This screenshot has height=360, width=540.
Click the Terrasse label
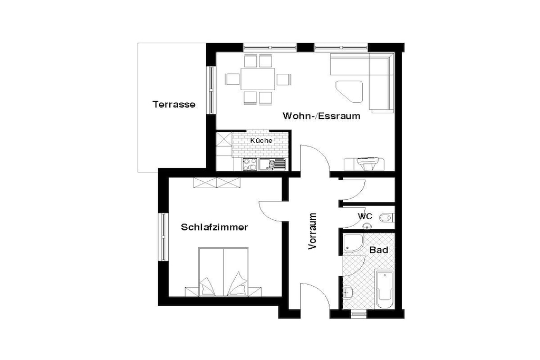coord(174,104)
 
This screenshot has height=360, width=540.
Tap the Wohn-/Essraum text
coord(321,116)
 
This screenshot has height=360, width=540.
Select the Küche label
coord(261,140)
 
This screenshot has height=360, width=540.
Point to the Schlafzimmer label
coord(214,227)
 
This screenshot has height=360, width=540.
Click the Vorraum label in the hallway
coord(312,231)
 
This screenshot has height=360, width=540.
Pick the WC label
coord(365,217)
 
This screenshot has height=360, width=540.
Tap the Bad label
coord(379,250)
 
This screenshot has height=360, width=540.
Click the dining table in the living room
coord(258,79)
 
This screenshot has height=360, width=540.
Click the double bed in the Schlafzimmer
coord(224,271)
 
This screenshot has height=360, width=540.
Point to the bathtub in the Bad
coord(384,289)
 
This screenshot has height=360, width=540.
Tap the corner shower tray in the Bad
coord(352,244)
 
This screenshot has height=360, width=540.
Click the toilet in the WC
coord(387,218)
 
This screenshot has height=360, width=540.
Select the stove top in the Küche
coord(249,164)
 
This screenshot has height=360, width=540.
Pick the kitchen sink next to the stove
coord(273,164)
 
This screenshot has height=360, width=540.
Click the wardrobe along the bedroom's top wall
coord(217,183)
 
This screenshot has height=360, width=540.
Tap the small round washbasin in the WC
coord(368,226)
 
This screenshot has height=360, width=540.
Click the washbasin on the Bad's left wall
coord(348,292)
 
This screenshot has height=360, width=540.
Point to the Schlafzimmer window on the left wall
coord(163,237)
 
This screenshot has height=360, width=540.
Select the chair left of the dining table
coord(233,79)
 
